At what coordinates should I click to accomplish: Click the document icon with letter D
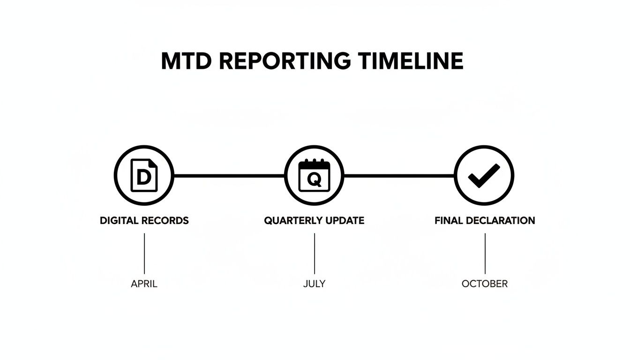[x=144, y=176]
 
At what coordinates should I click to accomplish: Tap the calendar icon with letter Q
[x=314, y=176]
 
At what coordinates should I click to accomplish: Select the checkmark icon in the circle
[x=484, y=176]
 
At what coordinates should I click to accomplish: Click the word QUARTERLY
[x=294, y=220]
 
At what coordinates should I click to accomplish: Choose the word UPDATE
[x=345, y=220]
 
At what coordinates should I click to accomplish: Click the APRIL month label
[x=144, y=284]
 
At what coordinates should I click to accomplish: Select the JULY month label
[x=314, y=284]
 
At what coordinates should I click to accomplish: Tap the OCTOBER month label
[x=484, y=284]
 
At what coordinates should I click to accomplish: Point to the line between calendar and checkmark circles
[x=399, y=176]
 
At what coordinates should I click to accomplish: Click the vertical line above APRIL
[x=144, y=254]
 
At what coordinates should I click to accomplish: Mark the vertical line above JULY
[x=314, y=254]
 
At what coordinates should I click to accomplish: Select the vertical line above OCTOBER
[x=485, y=254]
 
